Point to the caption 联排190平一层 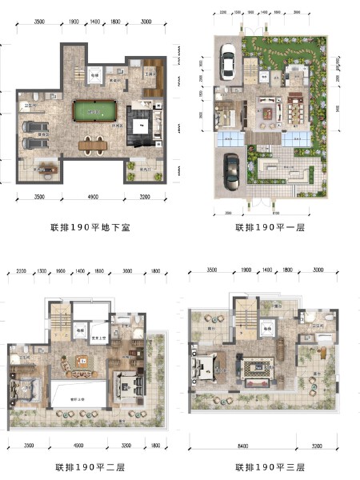click(x=270, y=228)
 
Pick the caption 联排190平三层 click(x=270, y=466)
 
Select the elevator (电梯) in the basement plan click(x=94, y=76)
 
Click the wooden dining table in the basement click(x=94, y=144)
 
